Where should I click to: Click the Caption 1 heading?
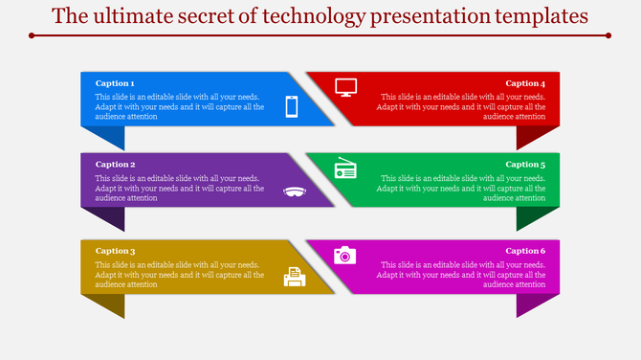pos(115,83)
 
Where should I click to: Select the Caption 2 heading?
pos(115,165)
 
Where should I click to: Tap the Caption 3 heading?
pos(115,251)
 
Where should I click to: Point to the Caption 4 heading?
pos(525,83)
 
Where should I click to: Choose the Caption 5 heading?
pos(525,165)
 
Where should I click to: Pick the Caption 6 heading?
pos(525,251)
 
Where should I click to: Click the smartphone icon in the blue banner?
pos(293,107)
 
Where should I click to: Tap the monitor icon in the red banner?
pos(345,87)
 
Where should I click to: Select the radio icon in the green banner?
pos(345,169)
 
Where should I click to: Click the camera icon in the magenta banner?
pos(344,255)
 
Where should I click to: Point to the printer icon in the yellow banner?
pos(295,277)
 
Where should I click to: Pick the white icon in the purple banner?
pos(295,191)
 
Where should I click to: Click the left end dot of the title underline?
pos(32,35)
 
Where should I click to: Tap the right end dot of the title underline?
pos(609,35)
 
